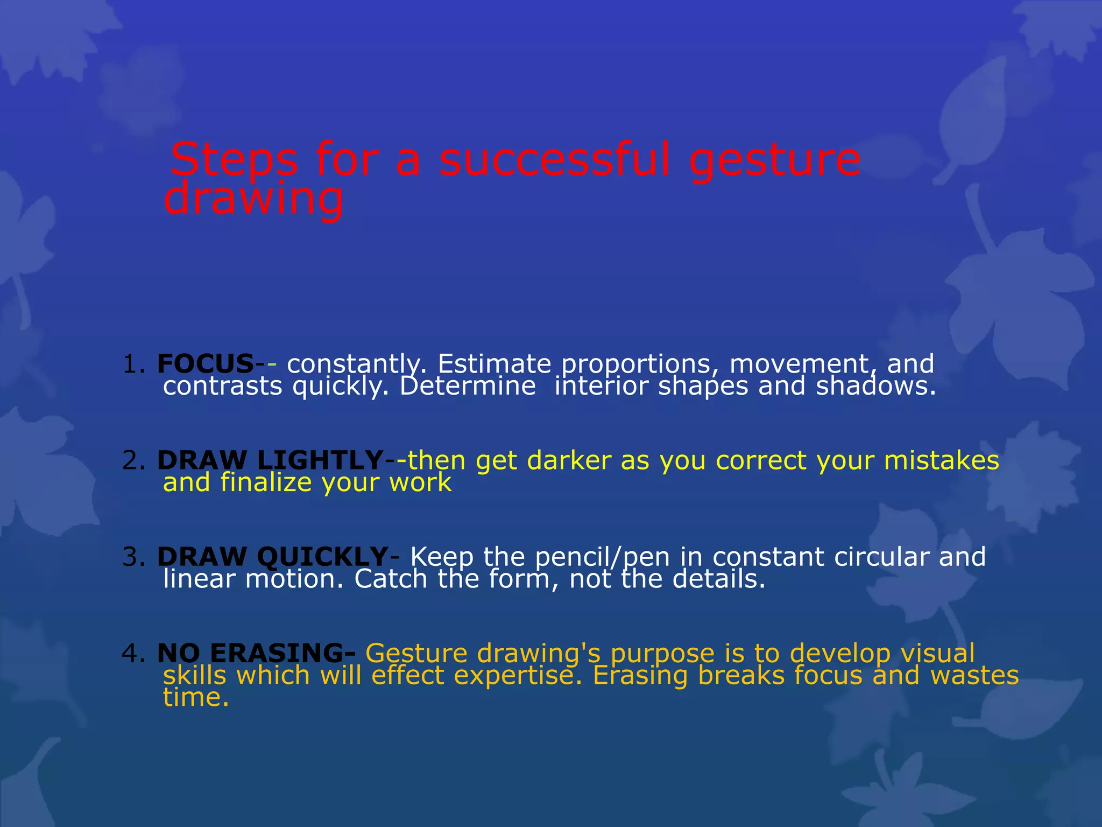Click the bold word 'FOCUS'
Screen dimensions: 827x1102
[205, 364]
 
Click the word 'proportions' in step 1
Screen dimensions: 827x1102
[640, 365]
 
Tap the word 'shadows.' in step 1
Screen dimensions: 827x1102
[876, 386]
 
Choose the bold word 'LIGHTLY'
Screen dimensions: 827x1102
[320, 460]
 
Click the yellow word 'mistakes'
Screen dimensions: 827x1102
[941, 460]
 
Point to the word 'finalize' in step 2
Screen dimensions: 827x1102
[266, 482]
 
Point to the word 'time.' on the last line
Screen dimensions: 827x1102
[196, 697]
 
